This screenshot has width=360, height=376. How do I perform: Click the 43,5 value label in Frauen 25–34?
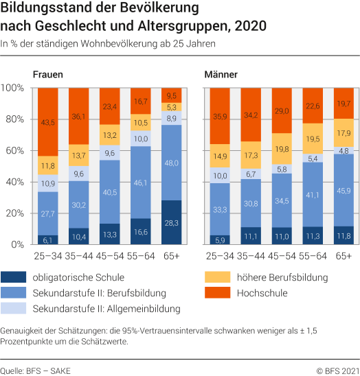pyautogui.click(x=47, y=122)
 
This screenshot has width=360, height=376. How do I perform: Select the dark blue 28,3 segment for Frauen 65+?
pyautogui.click(x=172, y=222)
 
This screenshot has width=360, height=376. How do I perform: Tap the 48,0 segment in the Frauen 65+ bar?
pyautogui.click(x=172, y=163)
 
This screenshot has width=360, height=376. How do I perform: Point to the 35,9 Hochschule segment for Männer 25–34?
pyautogui.click(x=221, y=116)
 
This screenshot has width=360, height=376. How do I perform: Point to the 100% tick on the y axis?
pyautogui.click(x=13, y=88)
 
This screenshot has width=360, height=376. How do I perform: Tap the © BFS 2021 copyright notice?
pyautogui.click(x=337, y=370)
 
